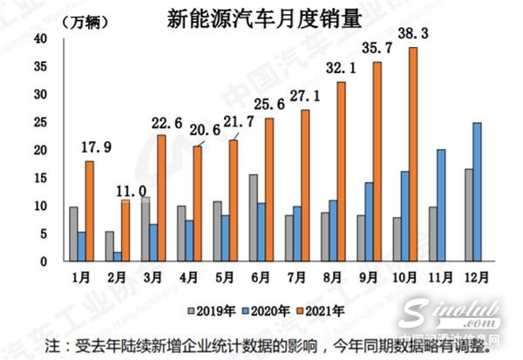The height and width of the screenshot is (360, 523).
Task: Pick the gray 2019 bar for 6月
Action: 253,218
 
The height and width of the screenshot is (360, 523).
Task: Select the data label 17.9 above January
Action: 96,147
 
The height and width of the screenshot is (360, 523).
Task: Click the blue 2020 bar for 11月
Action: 442,205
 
